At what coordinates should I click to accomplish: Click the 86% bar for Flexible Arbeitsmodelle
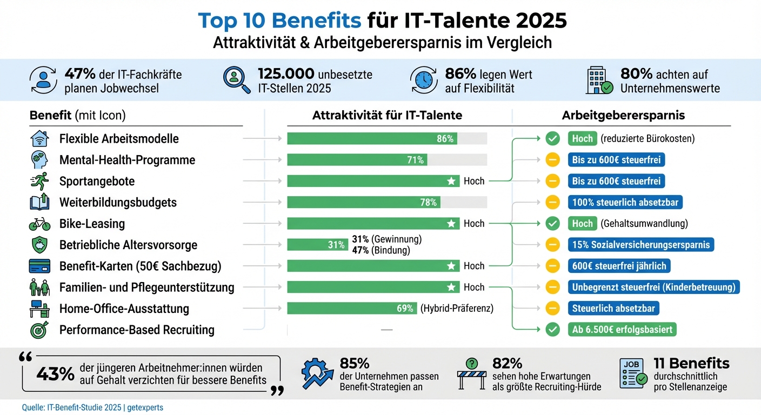[x=372, y=138]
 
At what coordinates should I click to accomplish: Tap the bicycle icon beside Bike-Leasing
[x=39, y=224]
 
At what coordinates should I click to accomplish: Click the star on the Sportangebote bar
[x=451, y=181]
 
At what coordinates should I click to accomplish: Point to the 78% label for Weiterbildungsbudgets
[x=429, y=202]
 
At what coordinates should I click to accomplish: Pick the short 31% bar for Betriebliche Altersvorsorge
[x=317, y=245]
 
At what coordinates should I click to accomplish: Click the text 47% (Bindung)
[x=381, y=250]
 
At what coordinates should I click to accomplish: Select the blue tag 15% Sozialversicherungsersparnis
[x=641, y=245]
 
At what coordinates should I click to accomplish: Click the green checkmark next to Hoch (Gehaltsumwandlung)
[x=552, y=224]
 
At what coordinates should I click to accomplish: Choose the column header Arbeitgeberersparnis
[x=623, y=115]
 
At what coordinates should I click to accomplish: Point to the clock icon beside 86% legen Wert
[x=424, y=80]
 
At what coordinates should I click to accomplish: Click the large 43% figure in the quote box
[x=55, y=373]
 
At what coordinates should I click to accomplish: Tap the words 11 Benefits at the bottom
[x=691, y=363]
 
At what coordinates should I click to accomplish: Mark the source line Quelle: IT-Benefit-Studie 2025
[x=92, y=407]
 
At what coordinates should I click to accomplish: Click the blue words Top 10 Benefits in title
[x=279, y=21]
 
